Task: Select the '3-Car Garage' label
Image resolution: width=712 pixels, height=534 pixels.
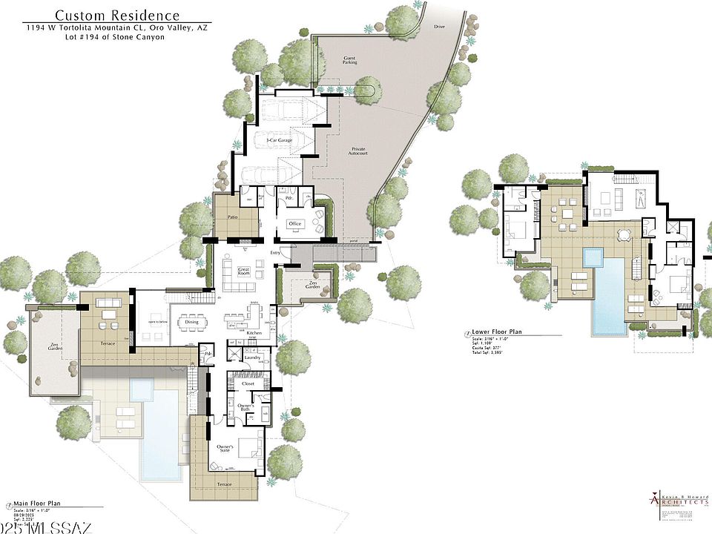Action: pos(279,139)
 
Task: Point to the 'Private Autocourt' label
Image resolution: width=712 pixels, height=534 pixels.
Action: pos(359,153)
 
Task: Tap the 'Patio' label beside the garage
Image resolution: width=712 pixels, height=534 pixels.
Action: pos(231,217)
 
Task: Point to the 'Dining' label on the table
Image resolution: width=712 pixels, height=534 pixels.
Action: pos(191,322)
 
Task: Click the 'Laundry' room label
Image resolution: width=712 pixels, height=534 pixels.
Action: pos(251,358)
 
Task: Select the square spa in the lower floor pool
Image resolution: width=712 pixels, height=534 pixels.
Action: pos(594,258)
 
